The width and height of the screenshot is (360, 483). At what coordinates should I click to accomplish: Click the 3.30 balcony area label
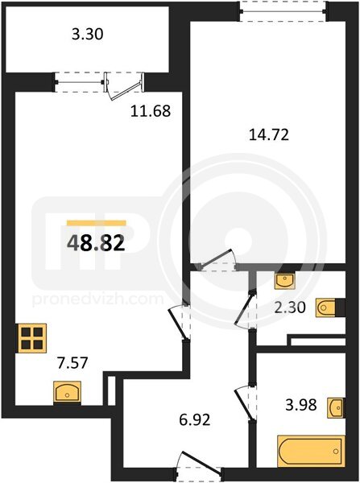click(88, 34)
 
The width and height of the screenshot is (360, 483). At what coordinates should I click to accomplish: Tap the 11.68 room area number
click(151, 111)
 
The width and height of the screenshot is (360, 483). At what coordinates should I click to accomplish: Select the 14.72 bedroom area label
click(269, 135)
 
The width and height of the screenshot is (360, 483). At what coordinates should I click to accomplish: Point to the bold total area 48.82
click(96, 243)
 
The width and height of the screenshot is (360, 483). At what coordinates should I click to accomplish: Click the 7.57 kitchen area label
click(73, 362)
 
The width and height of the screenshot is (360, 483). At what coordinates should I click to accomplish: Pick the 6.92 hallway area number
click(195, 419)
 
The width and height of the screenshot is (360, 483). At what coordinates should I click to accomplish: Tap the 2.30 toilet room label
click(290, 308)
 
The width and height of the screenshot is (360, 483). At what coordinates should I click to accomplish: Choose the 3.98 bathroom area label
click(301, 405)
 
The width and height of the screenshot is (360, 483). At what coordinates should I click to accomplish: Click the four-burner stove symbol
click(32, 338)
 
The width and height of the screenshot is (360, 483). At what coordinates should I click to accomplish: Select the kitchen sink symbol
click(67, 391)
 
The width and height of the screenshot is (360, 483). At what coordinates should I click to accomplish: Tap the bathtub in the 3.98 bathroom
click(311, 451)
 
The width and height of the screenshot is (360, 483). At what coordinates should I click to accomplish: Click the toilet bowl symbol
click(326, 308)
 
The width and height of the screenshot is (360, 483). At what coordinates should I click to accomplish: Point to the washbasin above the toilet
click(285, 281)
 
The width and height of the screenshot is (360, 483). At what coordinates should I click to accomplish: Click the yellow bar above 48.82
click(97, 223)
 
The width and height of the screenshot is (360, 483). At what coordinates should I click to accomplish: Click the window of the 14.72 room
click(283, 12)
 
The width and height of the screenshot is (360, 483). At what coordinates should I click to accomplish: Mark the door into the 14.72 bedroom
click(218, 261)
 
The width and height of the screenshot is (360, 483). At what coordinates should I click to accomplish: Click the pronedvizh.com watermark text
click(97, 299)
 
